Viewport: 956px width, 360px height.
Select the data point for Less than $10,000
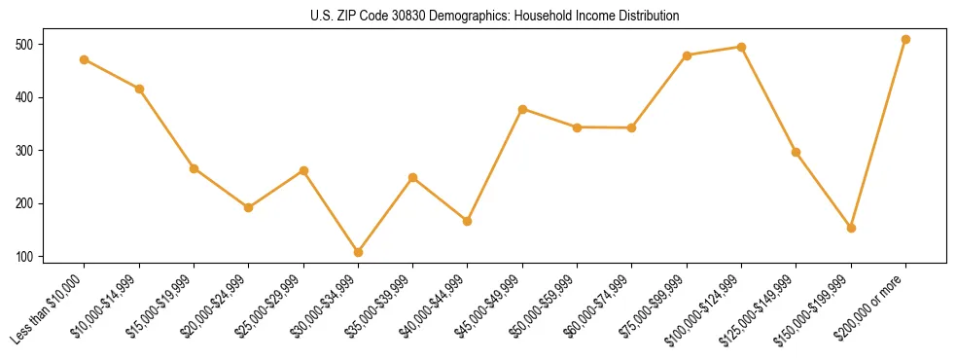coord(85,59)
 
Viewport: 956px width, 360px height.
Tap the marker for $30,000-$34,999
coord(358,252)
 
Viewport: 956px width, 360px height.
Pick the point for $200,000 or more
coord(905,40)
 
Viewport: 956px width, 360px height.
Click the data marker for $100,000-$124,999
coord(741,47)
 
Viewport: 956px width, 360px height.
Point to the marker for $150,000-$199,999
coord(851,228)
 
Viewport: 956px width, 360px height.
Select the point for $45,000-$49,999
coord(522,109)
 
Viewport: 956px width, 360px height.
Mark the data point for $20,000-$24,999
coord(248,207)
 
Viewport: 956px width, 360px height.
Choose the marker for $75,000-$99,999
coord(687,55)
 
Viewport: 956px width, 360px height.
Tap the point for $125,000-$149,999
coord(797,152)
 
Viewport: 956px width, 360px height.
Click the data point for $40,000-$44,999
coord(467,221)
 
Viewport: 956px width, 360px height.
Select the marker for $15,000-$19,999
coord(194,168)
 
